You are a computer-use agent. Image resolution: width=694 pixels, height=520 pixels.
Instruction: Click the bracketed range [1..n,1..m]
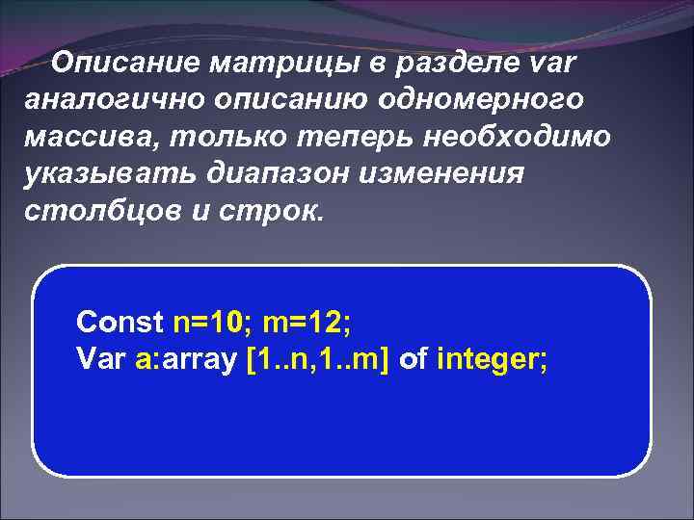pyautogui.click(x=319, y=359)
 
